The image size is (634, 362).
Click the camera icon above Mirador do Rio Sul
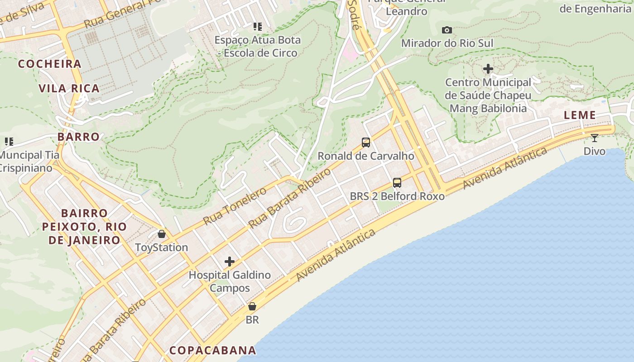point(447,30)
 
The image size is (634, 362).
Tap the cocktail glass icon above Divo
point(594,138)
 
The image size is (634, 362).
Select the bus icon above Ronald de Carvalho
point(366,143)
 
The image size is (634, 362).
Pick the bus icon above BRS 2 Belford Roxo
point(397,183)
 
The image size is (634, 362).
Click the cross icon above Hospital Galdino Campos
point(230,262)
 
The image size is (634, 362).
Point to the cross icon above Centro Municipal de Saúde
point(488,69)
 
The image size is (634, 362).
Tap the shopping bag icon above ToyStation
point(162,234)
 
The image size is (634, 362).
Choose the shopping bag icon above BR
point(252,306)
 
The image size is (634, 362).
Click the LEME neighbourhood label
point(580,115)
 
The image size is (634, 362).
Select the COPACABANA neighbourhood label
point(213,350)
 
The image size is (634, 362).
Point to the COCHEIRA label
point(50,64)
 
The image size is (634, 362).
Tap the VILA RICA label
point(69,88)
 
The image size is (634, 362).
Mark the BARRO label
point(78,137)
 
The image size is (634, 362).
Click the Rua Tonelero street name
point(235,206)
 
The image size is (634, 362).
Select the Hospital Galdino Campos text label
point(230,281)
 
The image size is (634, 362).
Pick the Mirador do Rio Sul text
point(447,43)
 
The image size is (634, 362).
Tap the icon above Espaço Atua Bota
point(257,27)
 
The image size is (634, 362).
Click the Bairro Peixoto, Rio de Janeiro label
point(84,226)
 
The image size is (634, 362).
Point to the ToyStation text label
point(162,248)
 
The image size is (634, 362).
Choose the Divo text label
point(594,151)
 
